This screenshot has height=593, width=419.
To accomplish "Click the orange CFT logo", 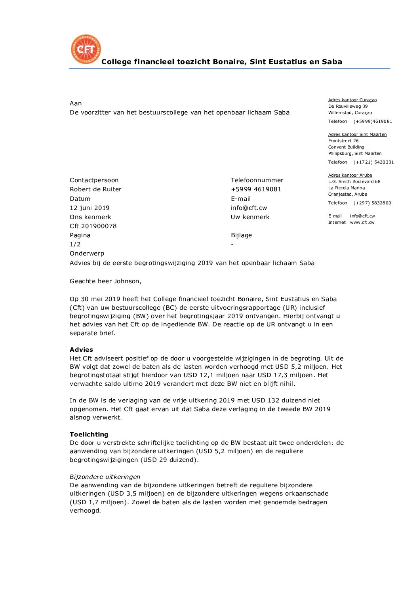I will [86, 49].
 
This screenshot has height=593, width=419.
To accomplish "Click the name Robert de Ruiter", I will [95, 189].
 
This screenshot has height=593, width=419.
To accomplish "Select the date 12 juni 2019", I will [90, 208].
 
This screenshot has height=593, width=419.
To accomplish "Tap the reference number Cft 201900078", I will [93, 226].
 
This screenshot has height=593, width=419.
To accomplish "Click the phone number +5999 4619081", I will [256, 189].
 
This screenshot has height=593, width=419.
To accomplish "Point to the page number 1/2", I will [75, 244].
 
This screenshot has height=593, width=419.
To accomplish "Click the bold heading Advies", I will [81, 350].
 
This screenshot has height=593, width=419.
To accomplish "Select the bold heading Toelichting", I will [89, 435].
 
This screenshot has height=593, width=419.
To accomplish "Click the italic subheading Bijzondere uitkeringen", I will [105, 477].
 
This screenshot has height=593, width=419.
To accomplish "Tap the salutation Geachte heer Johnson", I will [105, 281].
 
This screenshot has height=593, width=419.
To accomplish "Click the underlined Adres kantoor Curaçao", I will [352, 100].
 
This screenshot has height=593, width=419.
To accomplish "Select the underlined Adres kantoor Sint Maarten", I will [357, 135].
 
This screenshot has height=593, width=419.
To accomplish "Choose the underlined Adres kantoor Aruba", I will [350, 175].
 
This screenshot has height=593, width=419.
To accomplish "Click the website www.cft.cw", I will [362, 223].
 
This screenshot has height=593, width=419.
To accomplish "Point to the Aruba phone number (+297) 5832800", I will [372, 203].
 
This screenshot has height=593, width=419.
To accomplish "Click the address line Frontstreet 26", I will [343, 141].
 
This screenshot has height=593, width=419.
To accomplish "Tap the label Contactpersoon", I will [94, 180].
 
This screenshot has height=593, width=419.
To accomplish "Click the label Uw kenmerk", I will [250, 217].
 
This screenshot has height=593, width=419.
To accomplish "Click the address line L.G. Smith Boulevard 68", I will [354, 182].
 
